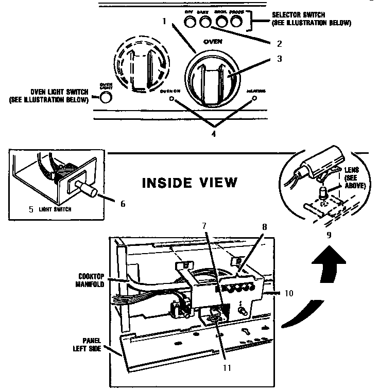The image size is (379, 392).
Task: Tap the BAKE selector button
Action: click(x=204, y=22)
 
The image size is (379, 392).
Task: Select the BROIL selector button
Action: click(x=222, y=22)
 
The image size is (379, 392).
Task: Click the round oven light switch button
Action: click(x=106, y=97)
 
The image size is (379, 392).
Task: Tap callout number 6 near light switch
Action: click(x=123, y=204)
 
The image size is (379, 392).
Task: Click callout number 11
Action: click(x=225, y=367)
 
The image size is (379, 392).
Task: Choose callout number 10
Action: click(x=288, y=293)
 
